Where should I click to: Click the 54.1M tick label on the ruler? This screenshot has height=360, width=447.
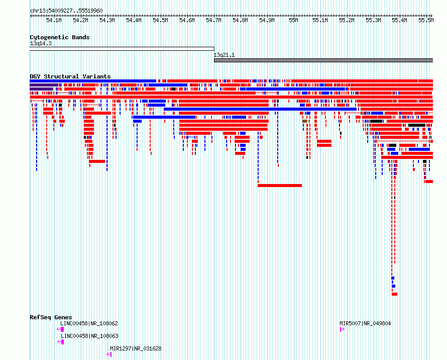tap(54, 20)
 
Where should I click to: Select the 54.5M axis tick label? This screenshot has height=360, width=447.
tap(160, 20)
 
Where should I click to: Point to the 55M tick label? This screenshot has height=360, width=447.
tap(293, 20)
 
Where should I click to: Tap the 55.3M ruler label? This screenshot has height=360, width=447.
tap(373, 20)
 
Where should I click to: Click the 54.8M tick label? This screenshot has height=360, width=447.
tap(240, 20)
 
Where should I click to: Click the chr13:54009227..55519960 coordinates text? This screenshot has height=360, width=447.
tap(66, 11)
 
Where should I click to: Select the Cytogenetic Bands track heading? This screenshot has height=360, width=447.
tap(60, 37)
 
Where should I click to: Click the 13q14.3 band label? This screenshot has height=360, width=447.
tap(41, 43)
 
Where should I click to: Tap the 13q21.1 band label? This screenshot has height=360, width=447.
tap(224, 55)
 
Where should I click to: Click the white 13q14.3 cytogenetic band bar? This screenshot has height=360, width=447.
tap(122, 49)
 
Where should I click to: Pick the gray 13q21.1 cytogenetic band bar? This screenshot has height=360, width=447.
tap(323, 60)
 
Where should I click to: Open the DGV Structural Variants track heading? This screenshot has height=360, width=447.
tap(70, 76)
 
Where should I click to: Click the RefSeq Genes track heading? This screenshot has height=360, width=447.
tap(51, 317)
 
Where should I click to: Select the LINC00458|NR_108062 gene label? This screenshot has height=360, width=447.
tap(89, 323)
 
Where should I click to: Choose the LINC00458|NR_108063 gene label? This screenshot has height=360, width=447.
tap(89, 336)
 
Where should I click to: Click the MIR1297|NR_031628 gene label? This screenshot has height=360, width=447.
tap(136, 348)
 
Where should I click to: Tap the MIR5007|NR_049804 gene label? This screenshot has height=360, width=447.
tap(365, 323)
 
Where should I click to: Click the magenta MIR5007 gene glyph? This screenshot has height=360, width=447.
tap(342, 329)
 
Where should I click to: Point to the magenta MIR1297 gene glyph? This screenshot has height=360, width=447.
tap(109, 354)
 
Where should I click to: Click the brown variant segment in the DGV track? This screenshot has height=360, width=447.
tap(305, 121)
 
